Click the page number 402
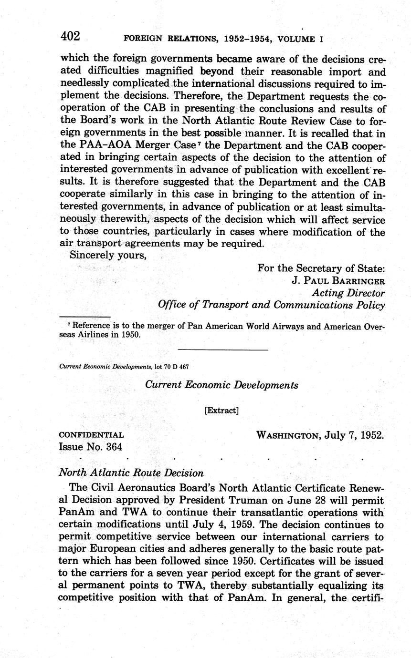coord(70,37)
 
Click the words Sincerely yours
coord(107,255)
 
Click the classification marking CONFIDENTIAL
coord(91,435)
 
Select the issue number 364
coord(113,447)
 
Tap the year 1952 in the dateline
coord(371,435)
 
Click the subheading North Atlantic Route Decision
coord(131,473)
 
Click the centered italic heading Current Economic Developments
coord(221,385)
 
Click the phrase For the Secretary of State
coord(321,268)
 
